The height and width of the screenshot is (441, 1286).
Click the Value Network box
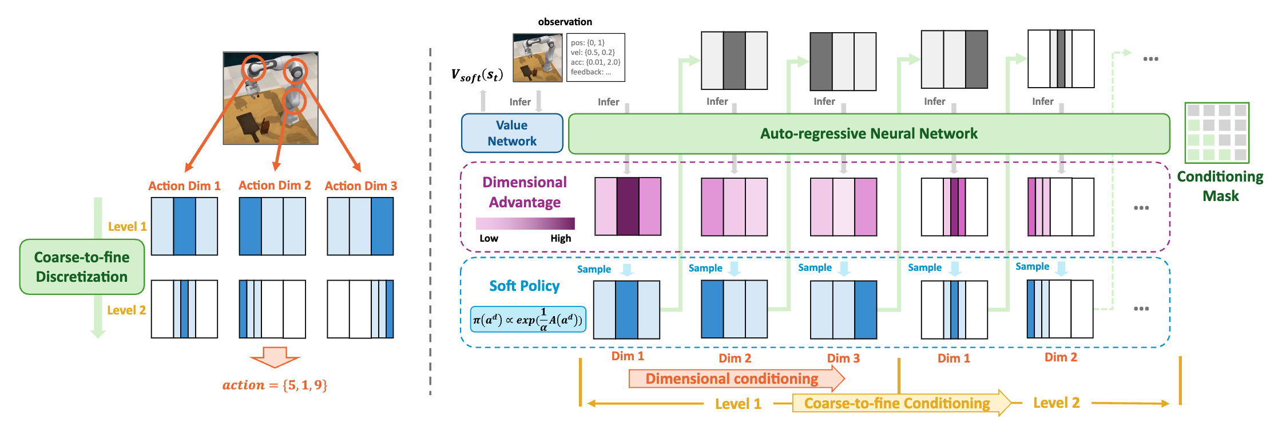point(512,133)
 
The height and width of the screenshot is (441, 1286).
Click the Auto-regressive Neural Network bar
point(868,133)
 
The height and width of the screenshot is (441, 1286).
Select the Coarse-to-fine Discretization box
point(82,267)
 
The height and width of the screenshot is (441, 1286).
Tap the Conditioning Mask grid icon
point(1217,132)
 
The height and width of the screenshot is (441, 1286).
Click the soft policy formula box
point(527,320)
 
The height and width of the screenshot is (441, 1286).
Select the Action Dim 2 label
point(275,186)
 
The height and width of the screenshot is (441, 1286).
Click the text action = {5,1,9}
point(275,385)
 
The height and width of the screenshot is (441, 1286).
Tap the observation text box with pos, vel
point(595,57)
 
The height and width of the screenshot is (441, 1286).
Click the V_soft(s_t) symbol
point(477,75)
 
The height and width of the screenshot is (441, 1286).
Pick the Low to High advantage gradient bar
point(525,223)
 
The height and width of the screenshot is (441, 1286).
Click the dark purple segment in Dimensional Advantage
point(628,206)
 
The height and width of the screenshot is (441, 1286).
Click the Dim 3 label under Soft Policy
point(843,359)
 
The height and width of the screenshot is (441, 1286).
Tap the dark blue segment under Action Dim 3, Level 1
point(382,226)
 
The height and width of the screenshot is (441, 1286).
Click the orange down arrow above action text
point(275,357)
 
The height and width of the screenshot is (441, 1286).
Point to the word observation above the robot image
point(565,22)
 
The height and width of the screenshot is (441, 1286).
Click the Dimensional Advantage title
point(525,192)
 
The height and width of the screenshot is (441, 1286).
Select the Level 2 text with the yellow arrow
point(1056,403)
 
